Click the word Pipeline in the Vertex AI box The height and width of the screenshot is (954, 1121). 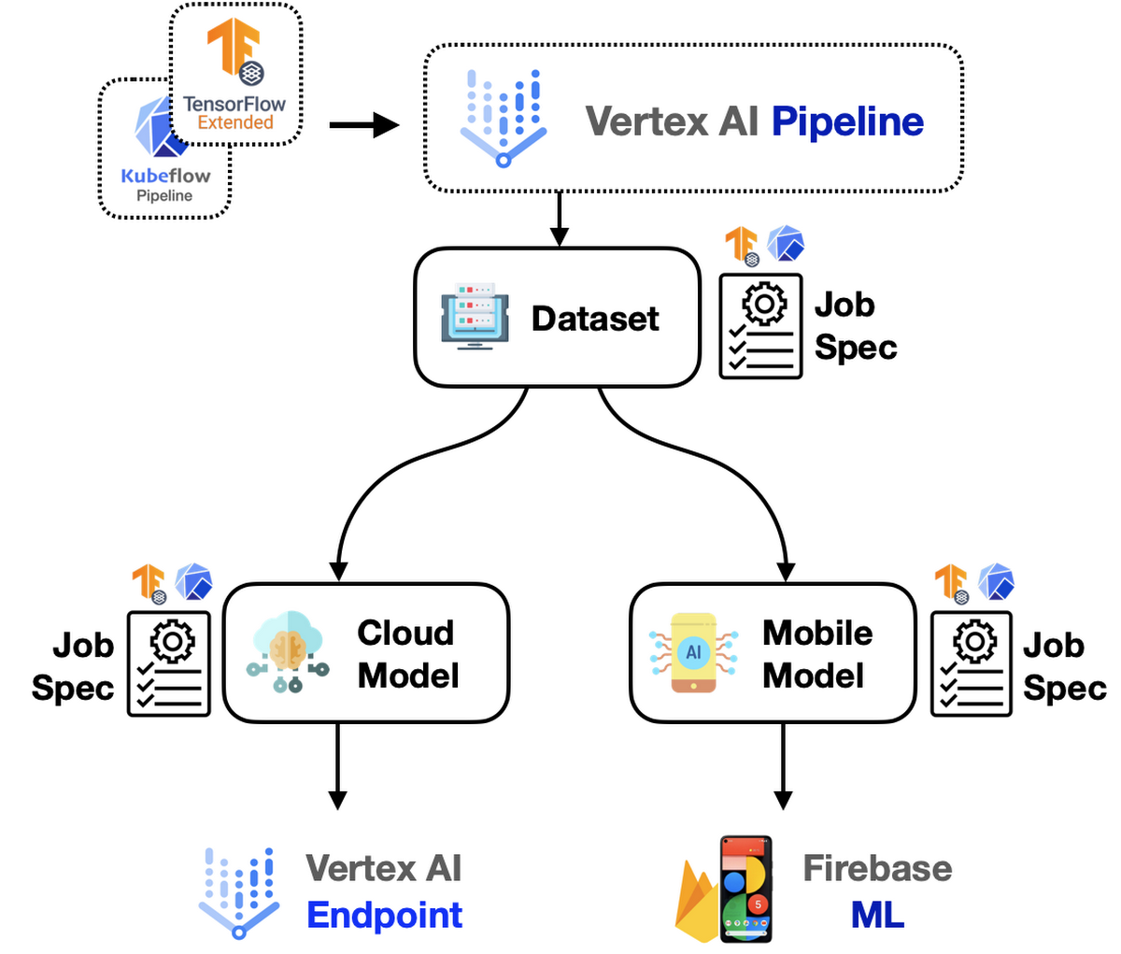(847, 121)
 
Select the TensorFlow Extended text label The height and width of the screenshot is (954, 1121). (234, 113)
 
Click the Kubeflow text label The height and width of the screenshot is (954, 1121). (165, 176)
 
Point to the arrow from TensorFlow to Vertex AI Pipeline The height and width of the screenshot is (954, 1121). (364, 124)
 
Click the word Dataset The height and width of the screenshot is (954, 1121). (595, 319)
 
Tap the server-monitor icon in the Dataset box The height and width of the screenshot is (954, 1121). (475, 318)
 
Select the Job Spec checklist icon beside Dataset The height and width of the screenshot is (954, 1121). (760, 326)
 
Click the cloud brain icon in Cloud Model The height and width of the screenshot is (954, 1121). (288, 651)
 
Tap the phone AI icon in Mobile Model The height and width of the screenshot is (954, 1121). (693, 652)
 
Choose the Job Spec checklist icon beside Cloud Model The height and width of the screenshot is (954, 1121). (169, 663)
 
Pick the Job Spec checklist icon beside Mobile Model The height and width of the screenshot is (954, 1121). (972, 663)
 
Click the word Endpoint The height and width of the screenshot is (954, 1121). (384, 915)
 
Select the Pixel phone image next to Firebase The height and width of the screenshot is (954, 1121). (745, 889)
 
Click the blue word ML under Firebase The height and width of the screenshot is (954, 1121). (877, 915)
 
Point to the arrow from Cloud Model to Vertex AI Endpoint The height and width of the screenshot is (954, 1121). (337, 766)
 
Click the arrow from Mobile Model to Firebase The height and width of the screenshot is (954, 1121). (783, 766)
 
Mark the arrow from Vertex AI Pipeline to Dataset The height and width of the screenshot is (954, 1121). (559, 219)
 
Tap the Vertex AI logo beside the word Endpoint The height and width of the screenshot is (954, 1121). (240, 892)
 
